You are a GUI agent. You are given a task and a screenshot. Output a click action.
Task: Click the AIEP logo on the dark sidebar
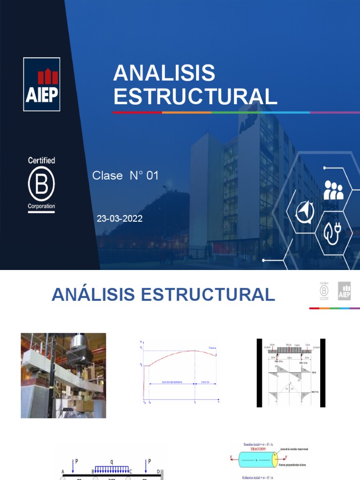click(x=42, y=84)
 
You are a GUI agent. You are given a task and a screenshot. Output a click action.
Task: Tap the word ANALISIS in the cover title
click(x=164, y=73)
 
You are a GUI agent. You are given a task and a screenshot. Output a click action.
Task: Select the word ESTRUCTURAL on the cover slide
click(x=195, y=96)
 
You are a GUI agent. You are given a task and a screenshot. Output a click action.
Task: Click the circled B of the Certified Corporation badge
click(x=41, y=184)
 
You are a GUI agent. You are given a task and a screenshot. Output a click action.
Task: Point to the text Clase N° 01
click(x=126, y=176)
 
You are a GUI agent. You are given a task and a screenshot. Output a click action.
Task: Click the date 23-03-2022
click(x=120, y=218)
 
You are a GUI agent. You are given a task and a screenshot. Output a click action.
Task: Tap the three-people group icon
click(x=333, y=190)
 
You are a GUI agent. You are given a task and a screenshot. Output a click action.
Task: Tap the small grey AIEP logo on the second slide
click(x=345, y=291)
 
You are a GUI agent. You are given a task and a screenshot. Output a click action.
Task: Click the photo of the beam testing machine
click(x=63, y=375)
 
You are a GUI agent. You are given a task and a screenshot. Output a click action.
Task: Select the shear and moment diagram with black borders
click(x=291, y=373)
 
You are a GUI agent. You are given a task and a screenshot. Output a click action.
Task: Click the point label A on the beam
click(x=63, y=472)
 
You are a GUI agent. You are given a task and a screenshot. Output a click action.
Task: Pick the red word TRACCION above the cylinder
click(x=255, y=449)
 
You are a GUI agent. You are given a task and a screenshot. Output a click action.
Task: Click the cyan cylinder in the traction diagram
click(x=258, y=460)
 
